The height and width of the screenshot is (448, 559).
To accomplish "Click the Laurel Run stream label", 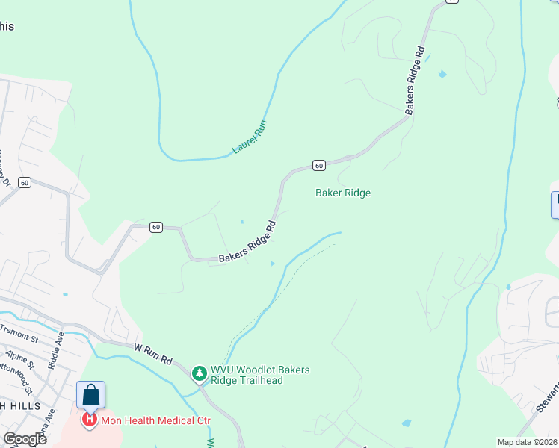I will pos(250,137).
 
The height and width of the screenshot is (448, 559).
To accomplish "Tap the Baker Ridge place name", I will pos(343,193).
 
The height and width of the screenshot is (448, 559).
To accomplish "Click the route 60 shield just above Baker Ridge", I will pos(318,165).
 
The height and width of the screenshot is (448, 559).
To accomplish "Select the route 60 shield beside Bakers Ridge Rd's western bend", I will pos(155,227).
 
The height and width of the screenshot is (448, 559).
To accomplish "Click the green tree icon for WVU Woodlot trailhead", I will pos(199,372).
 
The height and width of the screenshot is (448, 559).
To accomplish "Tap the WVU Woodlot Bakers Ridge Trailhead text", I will pos(260,375).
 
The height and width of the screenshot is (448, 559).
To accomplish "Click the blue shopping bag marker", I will pos(90,395).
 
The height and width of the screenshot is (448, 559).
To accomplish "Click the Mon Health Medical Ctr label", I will pos(156,420).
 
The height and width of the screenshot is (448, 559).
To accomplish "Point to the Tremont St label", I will pos(18,330).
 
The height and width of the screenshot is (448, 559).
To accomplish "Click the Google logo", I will pos(25,438).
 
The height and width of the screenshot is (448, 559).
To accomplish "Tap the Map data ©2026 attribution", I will pos(528,442).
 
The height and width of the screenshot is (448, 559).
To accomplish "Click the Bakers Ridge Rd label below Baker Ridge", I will pos(247,241).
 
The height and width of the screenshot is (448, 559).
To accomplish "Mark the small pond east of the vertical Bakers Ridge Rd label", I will pos(443,74).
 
